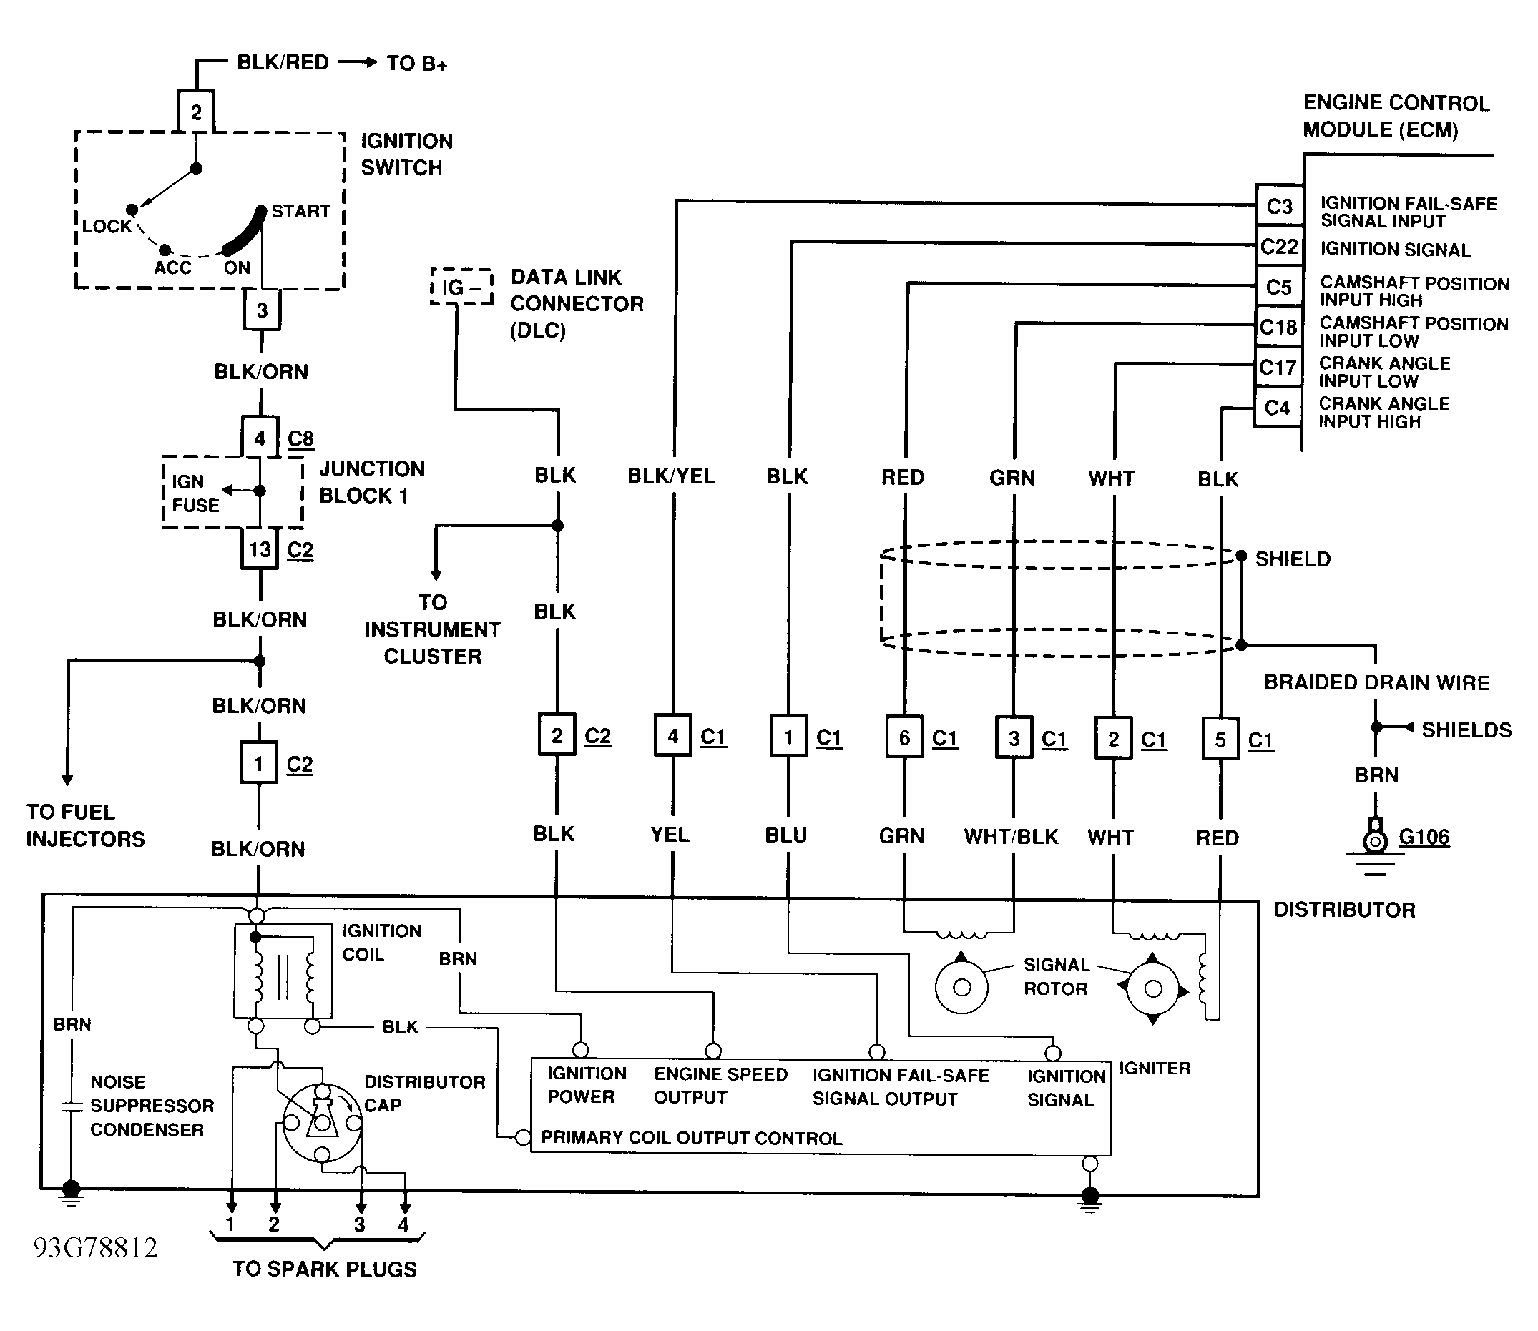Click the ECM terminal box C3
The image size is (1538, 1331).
(1280, 206)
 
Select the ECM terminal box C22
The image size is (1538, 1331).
(1280, 247)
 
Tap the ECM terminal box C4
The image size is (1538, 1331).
(1278, 407)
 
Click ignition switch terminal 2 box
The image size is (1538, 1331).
(196, 112)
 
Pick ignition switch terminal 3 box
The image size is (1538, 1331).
(262, 310)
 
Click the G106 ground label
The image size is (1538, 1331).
(1424, 837)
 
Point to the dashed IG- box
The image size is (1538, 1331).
(461, 287)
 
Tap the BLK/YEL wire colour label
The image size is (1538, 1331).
(671, 476)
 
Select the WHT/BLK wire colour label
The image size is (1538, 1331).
(1011, 837)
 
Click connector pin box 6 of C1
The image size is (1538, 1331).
(904, 737)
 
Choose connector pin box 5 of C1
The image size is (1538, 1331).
(1220, 740)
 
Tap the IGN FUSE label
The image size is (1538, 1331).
(195, 493)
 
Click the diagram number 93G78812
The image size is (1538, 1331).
(96, 1248)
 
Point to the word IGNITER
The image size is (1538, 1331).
(1155, 1068)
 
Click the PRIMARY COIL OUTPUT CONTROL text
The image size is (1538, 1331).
(691, 1138)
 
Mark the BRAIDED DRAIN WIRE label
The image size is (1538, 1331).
(1377, 682)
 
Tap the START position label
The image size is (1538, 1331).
(300, 212)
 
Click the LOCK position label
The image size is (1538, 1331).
(107, 227)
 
